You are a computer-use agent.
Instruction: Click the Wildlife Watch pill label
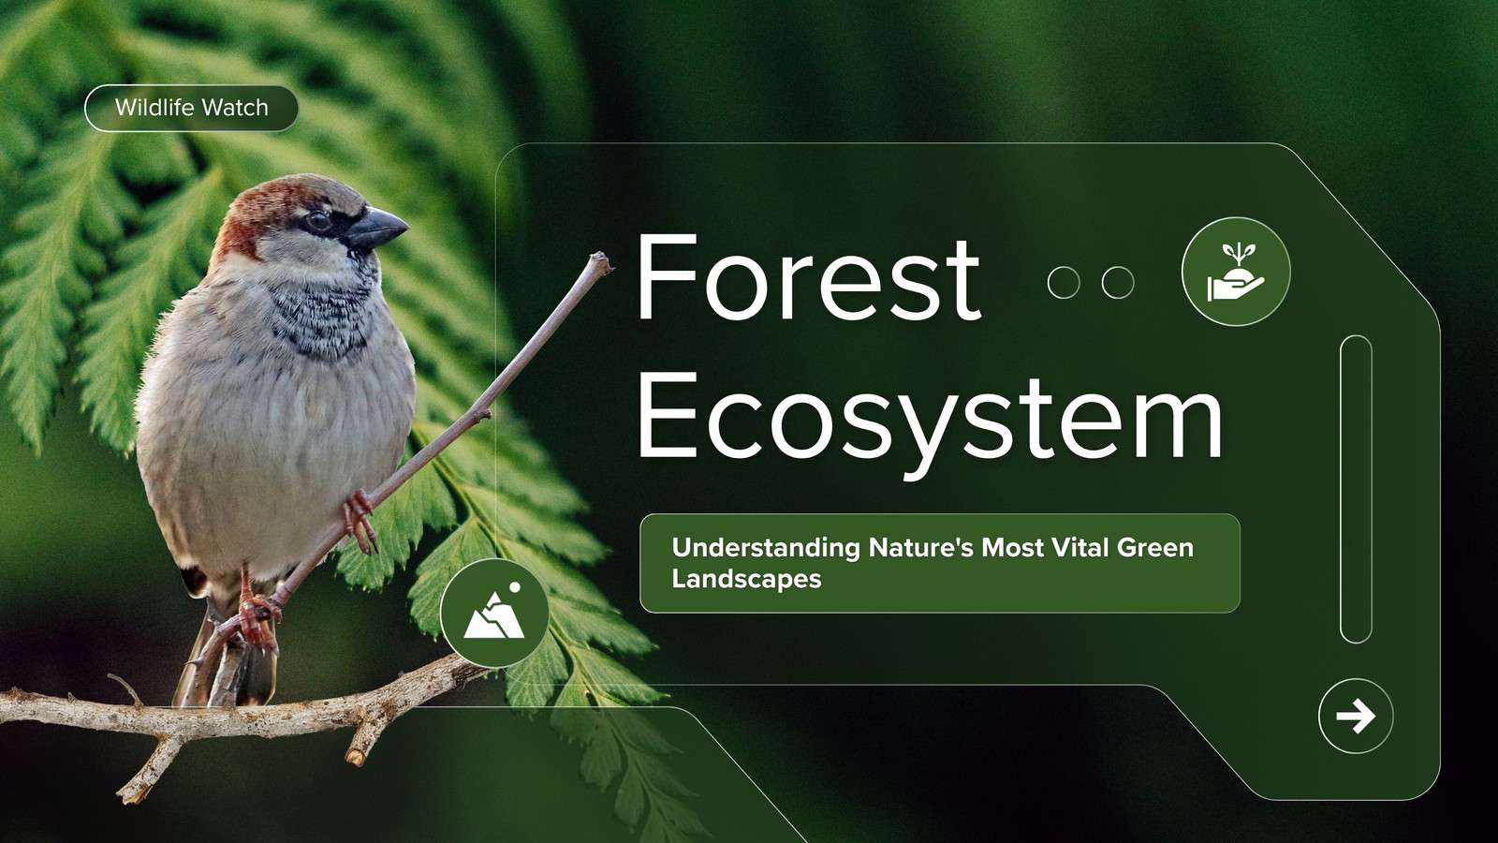[x=191, y=108]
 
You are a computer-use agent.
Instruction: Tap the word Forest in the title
[x=808, y=277]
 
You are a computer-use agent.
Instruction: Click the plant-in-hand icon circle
[x=1236, y=272]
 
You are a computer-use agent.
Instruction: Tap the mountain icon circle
[x=495, y=613]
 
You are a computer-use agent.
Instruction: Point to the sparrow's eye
[x=317, y=220]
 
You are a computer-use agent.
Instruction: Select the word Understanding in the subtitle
[x=766, y=547]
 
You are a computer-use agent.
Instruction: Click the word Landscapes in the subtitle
[x=746, y=579]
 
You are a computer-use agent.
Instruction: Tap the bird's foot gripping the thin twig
[x=359, y=521]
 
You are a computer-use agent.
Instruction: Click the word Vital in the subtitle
[x=1079, y=547]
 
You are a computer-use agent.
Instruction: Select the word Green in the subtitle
[x=1155, y=547]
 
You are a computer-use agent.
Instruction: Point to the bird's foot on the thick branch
[x=257, y=619]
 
